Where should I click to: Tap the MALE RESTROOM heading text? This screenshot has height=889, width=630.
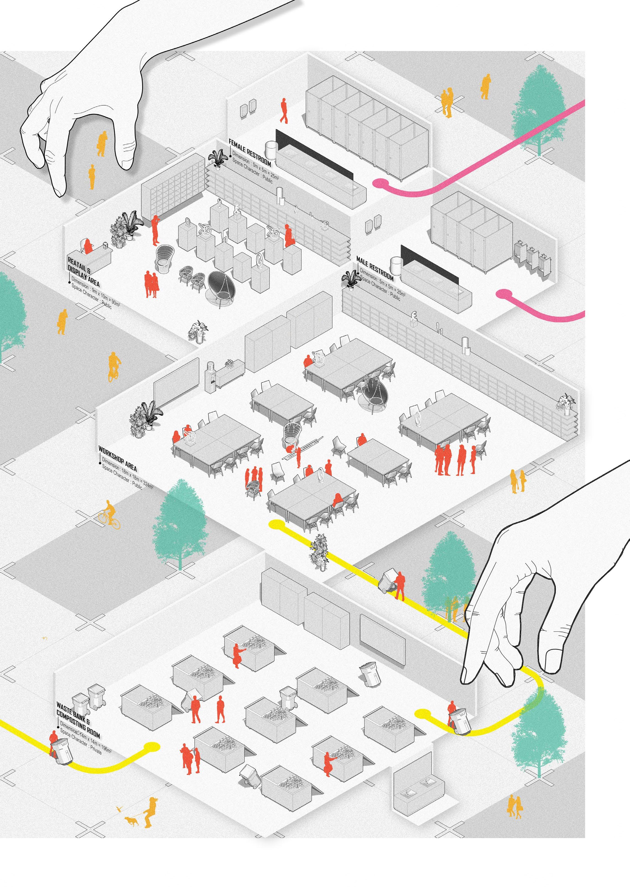tap(375, 268)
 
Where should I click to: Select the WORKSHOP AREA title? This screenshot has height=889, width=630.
tap(118, 457)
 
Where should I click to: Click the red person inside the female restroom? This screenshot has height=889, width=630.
tap(284, 111)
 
